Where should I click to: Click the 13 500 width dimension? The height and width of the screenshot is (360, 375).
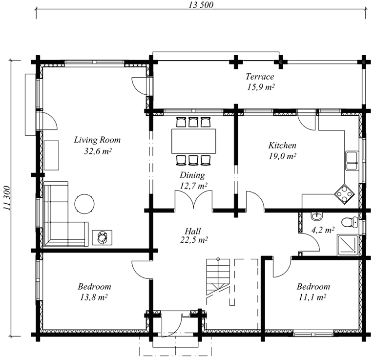201,5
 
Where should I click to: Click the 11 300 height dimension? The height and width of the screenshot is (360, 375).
7,198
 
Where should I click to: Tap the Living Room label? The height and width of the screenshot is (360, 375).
97,140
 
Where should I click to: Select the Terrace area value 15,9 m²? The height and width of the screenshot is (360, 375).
260,87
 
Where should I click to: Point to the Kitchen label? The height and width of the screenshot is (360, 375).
282,145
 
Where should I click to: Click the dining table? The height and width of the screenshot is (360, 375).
193,141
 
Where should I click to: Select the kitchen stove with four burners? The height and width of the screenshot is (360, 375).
344,194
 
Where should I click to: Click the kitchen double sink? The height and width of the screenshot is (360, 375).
352,161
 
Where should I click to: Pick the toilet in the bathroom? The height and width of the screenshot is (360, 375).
350,222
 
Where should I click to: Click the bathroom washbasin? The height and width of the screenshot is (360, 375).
317,216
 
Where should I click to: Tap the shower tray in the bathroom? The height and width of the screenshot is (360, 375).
348,245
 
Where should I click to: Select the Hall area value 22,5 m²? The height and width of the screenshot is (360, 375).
194,240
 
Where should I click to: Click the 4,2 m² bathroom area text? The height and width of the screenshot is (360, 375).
323,230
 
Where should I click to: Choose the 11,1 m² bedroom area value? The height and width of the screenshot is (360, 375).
312,297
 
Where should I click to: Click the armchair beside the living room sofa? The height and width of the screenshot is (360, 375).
103,237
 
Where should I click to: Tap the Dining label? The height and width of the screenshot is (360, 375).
192,175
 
